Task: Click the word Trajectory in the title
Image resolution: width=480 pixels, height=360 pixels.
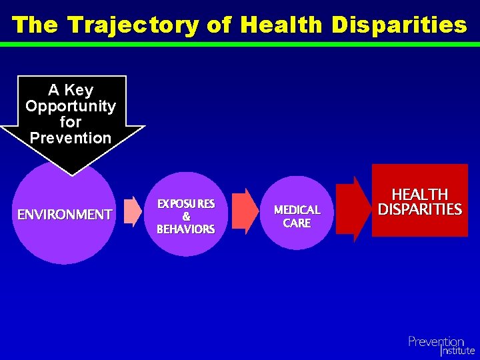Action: [133, 25]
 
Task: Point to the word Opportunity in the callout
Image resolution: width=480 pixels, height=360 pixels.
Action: [71, 106]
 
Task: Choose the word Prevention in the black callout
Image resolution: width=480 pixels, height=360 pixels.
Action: [71, 138]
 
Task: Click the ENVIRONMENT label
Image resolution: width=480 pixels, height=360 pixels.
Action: [65, 215]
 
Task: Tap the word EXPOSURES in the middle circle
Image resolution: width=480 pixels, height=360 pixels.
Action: [185, 203]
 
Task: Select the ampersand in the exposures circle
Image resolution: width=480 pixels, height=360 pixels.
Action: [186, 217]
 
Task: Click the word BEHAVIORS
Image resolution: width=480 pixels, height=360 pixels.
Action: [185, 229]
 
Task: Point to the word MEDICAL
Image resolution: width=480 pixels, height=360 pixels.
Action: [297, 210]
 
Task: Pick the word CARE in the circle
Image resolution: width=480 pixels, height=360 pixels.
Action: [297, 223]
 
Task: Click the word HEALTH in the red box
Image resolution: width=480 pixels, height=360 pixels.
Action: [420, 195]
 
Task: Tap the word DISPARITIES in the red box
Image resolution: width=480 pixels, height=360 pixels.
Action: [420, 209]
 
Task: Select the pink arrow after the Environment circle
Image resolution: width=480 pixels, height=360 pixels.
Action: [133, 212]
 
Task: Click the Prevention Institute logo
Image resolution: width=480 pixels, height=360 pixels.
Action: [441, 345]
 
